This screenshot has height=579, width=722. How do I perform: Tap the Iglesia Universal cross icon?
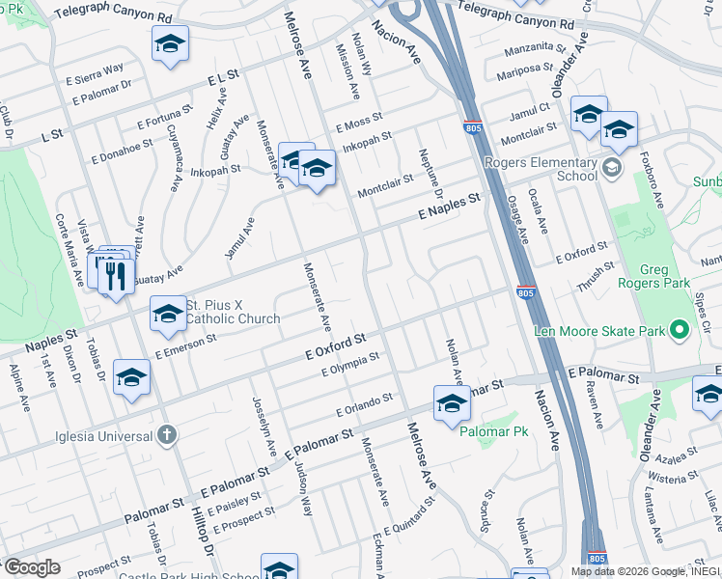(x=166, y=435)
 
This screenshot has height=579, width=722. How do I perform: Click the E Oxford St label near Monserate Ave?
(x=336, y=345)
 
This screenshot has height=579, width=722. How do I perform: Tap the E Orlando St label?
(x=364, y=404)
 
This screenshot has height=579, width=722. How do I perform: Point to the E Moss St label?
(x=359, y=123)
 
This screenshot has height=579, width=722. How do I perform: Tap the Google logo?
(x=31, y=567)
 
